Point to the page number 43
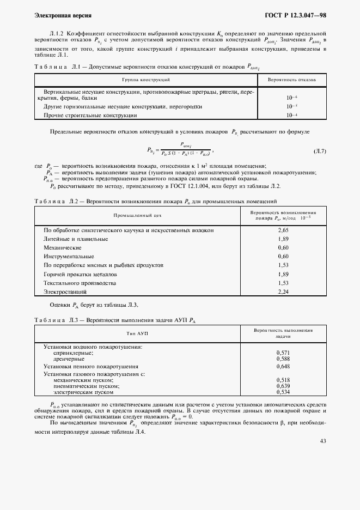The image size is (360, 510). click(322, 441)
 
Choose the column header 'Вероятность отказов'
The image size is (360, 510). click(291, 80)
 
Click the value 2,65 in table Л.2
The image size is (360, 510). click(283, 230)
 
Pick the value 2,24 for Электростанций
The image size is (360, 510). click(283, 292)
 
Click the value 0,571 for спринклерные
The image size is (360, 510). click(283, 353)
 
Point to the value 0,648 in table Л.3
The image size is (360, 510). click(283, 367)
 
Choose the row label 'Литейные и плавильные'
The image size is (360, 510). click(76, 239)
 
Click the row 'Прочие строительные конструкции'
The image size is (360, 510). click(90, 116)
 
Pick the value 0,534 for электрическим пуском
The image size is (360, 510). click(283, 392)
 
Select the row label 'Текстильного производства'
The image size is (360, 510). click(80, 283)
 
